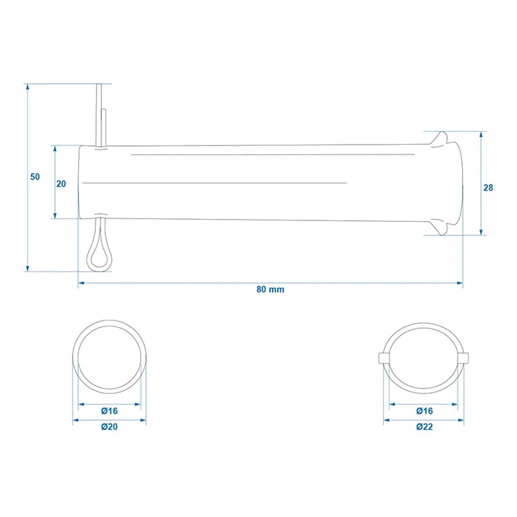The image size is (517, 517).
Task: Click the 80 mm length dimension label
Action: [x=270, y=289]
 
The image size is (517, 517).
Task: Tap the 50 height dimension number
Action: [x=35, y=177]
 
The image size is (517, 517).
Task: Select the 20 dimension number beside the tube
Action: [x=61, y=184]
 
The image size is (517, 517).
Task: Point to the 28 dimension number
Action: [x=488, y=187]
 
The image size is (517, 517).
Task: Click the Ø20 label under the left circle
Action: [x=109, y=426]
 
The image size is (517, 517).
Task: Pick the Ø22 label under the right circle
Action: [x=424, y=426]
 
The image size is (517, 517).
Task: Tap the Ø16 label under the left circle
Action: [x=109, y=411]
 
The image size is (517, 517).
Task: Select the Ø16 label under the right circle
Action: [x=424, y=411]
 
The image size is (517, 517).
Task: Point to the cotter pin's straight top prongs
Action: [x=100, y=114]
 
